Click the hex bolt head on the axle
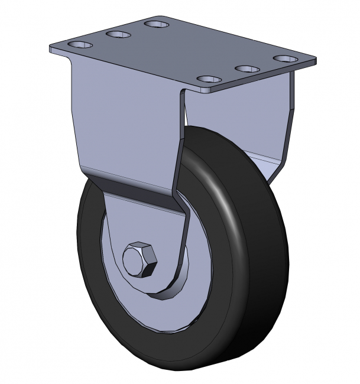pyautogui.click(x=140, y=259)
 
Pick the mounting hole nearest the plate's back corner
pyautogui.click(x=157, y=24)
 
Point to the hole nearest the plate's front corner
pyautogui.click(x=208, y=79)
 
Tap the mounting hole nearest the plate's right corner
pyautogui.click(x=287, y=59)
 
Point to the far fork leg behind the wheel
pyautogui.click(x=278, y=130)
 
